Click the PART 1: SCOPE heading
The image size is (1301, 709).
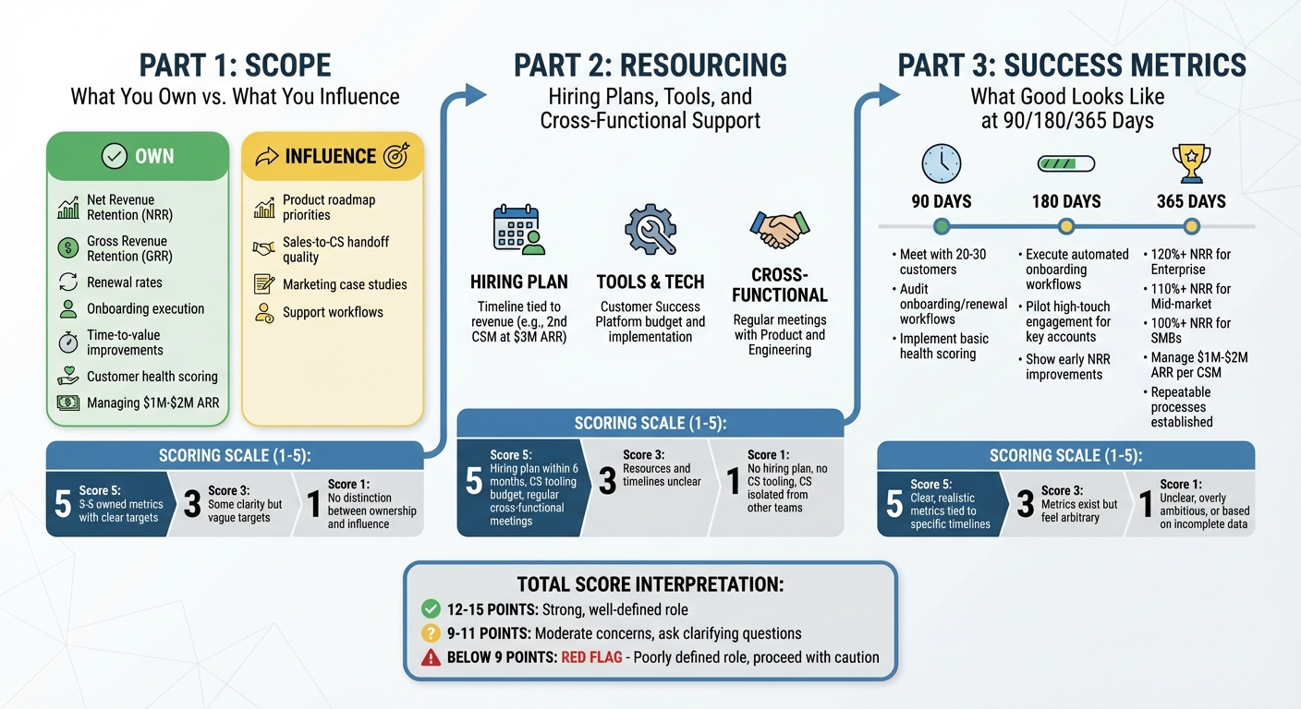pyautogui.click(x=235, y=66)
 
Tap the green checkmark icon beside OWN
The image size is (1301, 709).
pyautogui.click(x=114, y=156)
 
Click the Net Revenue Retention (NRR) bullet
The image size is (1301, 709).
pyautogui.click(x=129, y=208)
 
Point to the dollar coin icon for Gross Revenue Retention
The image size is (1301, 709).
pyautogui.click(x=68, y=248)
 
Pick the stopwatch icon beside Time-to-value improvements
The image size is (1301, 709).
pyautogui.click(x=68, y=342)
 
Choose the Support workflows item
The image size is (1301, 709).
pyautogui.click(x=333, y=312)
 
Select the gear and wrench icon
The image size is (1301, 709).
pyautogui.click(x=650, y=230)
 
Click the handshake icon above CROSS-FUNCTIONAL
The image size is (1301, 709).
pyautogui.click(x=780, y=229)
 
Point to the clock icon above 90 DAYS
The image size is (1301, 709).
pyautogui.click(x=941, y=163)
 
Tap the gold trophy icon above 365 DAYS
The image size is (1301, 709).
pyautogui.click(x=1191, y=163)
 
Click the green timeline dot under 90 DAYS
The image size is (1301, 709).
pyautogui.click(x=942, y=226)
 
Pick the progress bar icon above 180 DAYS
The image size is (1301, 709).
pyautogui.click(x=1065, y=163)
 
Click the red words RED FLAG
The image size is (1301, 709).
pyautogui.click(x=591, y=658)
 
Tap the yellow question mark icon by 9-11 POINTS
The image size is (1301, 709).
pyautogui.click(x=430, y=633)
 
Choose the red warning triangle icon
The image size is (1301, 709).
pyautogui.click(x=430, y=658)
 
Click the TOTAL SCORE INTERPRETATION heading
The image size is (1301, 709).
pyautogui.click(x=650, y=584)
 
